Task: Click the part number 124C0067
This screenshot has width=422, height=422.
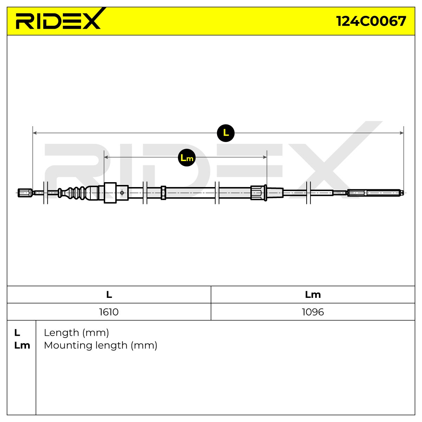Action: point(371,21)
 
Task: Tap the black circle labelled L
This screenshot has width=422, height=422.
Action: point(225,133)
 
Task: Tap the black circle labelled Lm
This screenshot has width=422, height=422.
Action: point(187,158)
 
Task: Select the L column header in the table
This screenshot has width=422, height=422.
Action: point(109,295)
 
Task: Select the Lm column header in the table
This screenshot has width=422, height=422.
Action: point(313,295)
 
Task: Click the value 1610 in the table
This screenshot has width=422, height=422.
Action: point(109,312)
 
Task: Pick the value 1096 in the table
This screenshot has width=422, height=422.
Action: point(313,312)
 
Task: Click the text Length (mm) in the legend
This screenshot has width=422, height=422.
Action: point(76,333)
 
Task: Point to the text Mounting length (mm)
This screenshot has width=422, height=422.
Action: point(101,345)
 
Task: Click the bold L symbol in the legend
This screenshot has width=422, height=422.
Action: point(17,333)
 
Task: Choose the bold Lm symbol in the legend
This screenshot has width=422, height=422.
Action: point(22,345)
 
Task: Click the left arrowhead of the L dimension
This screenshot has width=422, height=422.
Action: point(34,133)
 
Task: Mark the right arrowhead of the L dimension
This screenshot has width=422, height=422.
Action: point(402,133)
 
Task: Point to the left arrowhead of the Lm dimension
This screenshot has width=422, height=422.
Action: point(106,157)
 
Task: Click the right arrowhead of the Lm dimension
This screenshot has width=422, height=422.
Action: point(265,157)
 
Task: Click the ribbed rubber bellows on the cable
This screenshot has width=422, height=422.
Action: point(76,193)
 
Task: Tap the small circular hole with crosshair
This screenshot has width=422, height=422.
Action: point(122,193)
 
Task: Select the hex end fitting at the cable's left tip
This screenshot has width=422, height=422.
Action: point(25,193)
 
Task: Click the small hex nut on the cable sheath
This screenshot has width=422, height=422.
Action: point(164,193)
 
